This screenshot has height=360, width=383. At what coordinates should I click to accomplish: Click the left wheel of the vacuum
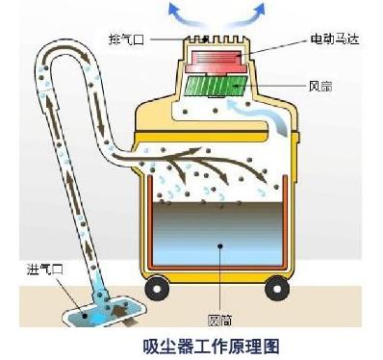[154, 286]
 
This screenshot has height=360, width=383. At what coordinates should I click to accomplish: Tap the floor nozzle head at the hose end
[95, 308]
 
